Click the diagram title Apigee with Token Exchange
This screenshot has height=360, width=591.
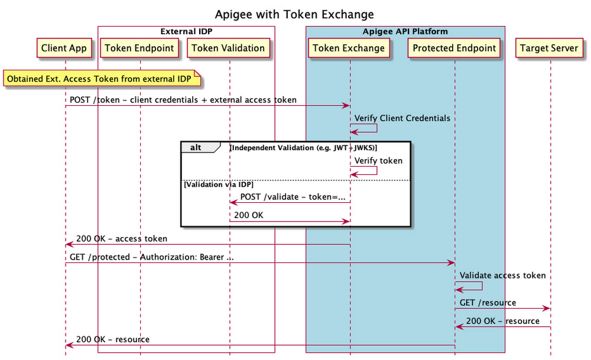[x=294, y=14]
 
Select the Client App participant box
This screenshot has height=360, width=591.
[x=65, y=48]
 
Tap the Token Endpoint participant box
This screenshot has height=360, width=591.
[x=140, y=48]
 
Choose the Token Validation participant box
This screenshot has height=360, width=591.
[x=229, y=48]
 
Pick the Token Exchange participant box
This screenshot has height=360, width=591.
[x=349, y=48]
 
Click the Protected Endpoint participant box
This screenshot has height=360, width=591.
[x=454, y=48]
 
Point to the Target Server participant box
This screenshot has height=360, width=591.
[x=550, y=48]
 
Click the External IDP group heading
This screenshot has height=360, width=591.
[x=186, y=31]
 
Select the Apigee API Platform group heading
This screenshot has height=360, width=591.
[x=405, y=31]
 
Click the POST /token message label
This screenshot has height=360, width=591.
[x=183, y=100]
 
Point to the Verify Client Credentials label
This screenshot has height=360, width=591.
[x=402, y=118]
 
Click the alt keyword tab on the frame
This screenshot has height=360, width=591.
[x=195, y=147]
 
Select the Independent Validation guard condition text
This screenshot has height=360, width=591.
[x=303, y=147]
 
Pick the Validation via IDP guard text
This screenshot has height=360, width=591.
[x=219, y=185]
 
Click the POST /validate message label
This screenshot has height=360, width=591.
[x=293, y=197]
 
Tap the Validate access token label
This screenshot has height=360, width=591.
[x=502, y=275]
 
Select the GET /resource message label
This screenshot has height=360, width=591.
[x=488, y=303]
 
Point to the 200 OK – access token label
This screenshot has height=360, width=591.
[x=122, y=239]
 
